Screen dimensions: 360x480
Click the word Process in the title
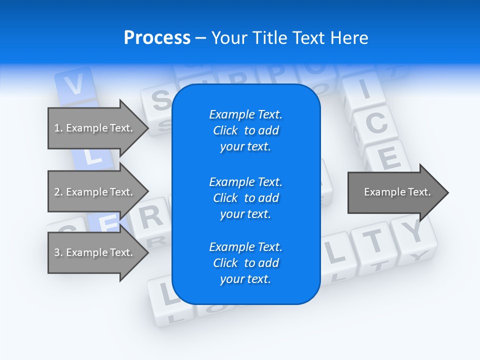click(157, 38)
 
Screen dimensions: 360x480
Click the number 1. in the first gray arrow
click(58, 128)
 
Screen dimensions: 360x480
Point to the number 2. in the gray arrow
click(58, 192)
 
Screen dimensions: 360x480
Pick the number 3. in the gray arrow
click(58, 252)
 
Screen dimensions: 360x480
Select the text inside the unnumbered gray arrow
click(397, 192)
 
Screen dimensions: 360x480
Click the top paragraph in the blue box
click(245, 130)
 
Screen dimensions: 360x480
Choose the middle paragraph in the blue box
click(245, 198)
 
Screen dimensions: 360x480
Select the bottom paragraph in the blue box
click(245, 263)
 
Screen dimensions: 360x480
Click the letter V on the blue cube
click(74, 85)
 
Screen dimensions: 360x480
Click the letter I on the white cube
click(364, 90)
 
